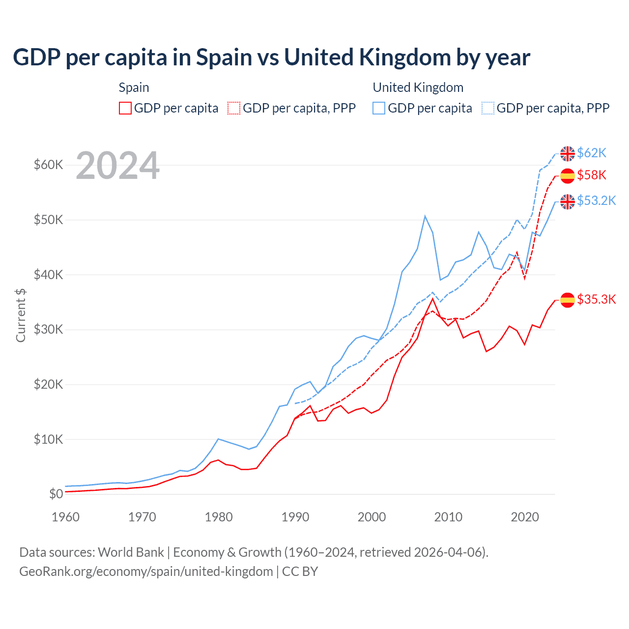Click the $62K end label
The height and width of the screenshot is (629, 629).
point(592,153)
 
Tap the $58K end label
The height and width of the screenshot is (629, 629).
point(592,175)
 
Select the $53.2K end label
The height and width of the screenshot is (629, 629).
point(596,200)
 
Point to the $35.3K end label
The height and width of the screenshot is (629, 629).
point(596,299)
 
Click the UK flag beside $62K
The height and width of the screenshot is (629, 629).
point(568,153)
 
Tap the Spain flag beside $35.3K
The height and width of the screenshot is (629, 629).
point(568,300)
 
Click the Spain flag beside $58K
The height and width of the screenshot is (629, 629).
point(568,175)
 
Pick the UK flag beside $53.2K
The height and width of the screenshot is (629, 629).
point(568,201)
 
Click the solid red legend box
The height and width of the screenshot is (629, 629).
point(125,108)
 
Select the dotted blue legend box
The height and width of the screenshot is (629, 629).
point(488,108)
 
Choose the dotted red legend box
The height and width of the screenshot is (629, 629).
point(234,108)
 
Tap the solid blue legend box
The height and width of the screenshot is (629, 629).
point(379,108)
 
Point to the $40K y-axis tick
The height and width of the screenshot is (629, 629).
point(48,275)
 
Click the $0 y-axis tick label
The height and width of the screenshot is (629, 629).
point(56,494)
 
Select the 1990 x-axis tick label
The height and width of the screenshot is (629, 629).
point(295,517)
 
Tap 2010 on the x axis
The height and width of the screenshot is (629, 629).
point(448,517)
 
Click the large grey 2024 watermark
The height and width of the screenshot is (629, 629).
point(117,166)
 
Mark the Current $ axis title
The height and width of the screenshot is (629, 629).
point(21,315)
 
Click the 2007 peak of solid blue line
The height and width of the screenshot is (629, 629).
point(425,216)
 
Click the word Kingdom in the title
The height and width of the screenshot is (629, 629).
point(405,57)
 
